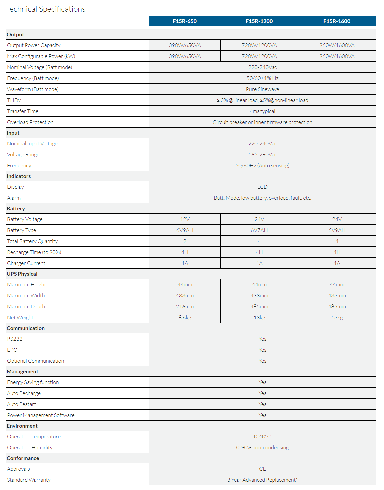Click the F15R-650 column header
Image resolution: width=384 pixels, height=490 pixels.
click(x=185, y=21)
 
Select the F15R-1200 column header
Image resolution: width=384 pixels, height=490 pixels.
click(x=259, y=21)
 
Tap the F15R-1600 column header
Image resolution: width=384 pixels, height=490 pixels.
click(x=337, y=21)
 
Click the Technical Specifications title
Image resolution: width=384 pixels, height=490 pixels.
click(x=46, y=9)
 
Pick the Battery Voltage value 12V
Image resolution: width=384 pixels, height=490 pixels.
click(x=185, y=219)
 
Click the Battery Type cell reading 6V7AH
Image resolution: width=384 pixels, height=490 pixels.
click(x=259, y=230)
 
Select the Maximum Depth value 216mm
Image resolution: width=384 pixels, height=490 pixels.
click(x=185, y=306)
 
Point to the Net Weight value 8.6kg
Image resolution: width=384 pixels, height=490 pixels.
click(x=185, y=317)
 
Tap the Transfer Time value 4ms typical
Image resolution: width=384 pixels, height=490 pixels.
click(x=262, y=111)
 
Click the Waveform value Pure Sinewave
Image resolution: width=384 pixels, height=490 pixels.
click(x=262, y=89)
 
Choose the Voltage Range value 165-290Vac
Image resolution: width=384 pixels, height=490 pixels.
click(x=262, y=154)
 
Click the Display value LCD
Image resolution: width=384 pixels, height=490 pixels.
click(x=262, y=187)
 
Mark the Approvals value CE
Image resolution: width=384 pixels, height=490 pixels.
click(x=262, y=469)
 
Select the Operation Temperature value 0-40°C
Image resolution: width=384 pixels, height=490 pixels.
click(x=262, y=436)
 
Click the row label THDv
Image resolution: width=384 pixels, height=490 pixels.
click(x=14, y=100)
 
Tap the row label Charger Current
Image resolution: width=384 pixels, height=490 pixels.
click(x=26, y=263)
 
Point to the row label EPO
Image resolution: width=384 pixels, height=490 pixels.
click(x=12, y=350)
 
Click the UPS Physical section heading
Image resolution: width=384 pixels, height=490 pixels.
click(x=22, y=274)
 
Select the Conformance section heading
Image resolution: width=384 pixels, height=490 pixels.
click(x=23, y=458)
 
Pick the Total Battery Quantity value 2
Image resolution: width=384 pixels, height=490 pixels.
click(x=185, y=241)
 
